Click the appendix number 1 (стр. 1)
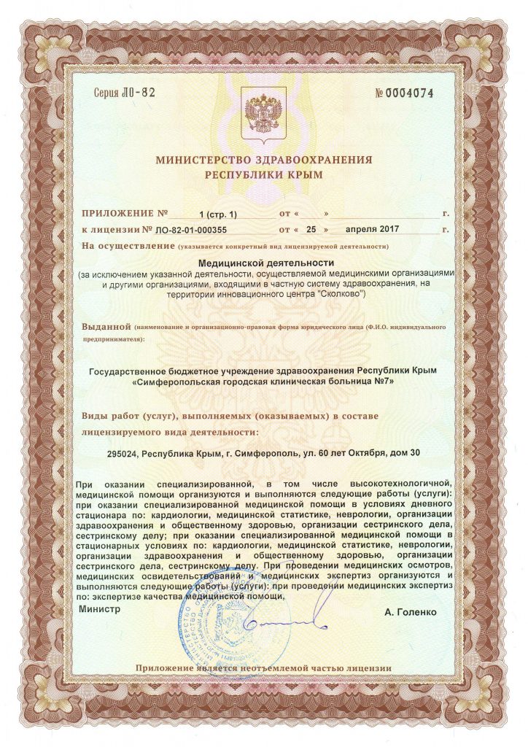(218, 214)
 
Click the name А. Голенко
(411, 612)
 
